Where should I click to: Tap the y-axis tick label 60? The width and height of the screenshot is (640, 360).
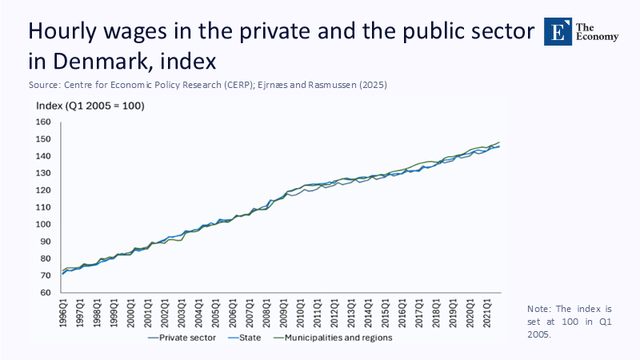pos(45,293)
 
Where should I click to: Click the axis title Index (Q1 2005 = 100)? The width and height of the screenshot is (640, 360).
pos(90,106)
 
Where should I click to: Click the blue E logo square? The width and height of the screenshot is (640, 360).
pos(558,30)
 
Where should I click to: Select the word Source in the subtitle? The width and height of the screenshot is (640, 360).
pos(40,82)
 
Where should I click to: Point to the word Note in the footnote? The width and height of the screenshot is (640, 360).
pos(540,309)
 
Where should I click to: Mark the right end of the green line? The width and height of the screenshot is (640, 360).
pos(500,142)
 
